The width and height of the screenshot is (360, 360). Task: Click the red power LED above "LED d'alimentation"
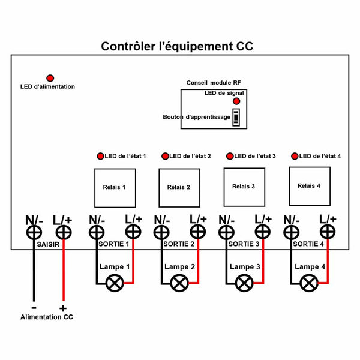pyautogui.click(x=50, y=78)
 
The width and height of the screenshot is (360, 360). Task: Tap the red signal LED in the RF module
pyautogui.click(x=236, y=101)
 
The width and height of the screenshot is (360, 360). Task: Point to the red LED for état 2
pyautogui.click(x=165, y=156)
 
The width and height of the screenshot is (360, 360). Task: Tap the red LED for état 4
pyautogui.click(x=295, y=156)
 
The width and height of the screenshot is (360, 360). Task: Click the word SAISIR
pyautogui.click(x=48, y=244)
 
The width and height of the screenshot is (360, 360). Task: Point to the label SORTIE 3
pyautogui.click(x=244, y=244)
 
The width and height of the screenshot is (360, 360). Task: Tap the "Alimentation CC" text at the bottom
pyautogui.click(x=47, y=317)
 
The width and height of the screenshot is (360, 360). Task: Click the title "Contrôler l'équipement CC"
pyautogui.click(x=177, y=46)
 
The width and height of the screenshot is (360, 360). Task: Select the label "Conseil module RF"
pyautogui.click(x=214, y=83)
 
